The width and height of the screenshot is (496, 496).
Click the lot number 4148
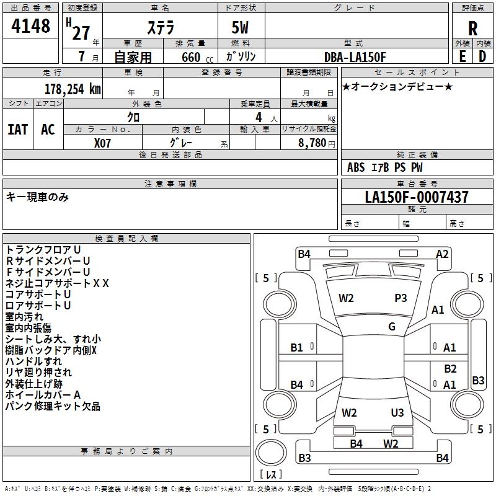pyautogui.click(x=31, y=26)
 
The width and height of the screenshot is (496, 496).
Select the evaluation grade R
pyautogui.click(x=472, y=29)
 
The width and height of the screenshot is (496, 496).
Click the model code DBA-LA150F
pyautogui.click(x=355, y=57)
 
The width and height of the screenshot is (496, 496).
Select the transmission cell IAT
pyautogui.click(x=18, y=129)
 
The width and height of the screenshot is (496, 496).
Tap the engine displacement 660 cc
pyautogui.click(x=190, y=57)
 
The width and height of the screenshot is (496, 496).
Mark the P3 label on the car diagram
pyautogui.click(x=401, y=298)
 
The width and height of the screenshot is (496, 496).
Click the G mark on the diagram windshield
pyautogui.click(x=392, y=327)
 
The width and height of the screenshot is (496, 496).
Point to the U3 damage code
pyautogui.click(x=397, y=413)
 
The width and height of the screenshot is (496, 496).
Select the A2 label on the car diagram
pyautogui.click(x=442, y=254)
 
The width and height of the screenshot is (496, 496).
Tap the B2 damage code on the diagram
pyautogui.click(x=450, y=369)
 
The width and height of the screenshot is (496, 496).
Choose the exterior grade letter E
pyautogui.click(x=462, y=56)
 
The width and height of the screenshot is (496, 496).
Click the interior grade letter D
pyautogui.click(x=482, y=56)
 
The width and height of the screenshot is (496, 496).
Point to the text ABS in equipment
pyautogui.click(x=356, y=167)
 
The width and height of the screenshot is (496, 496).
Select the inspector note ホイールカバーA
pyautogui.click(x=43, y=395)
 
